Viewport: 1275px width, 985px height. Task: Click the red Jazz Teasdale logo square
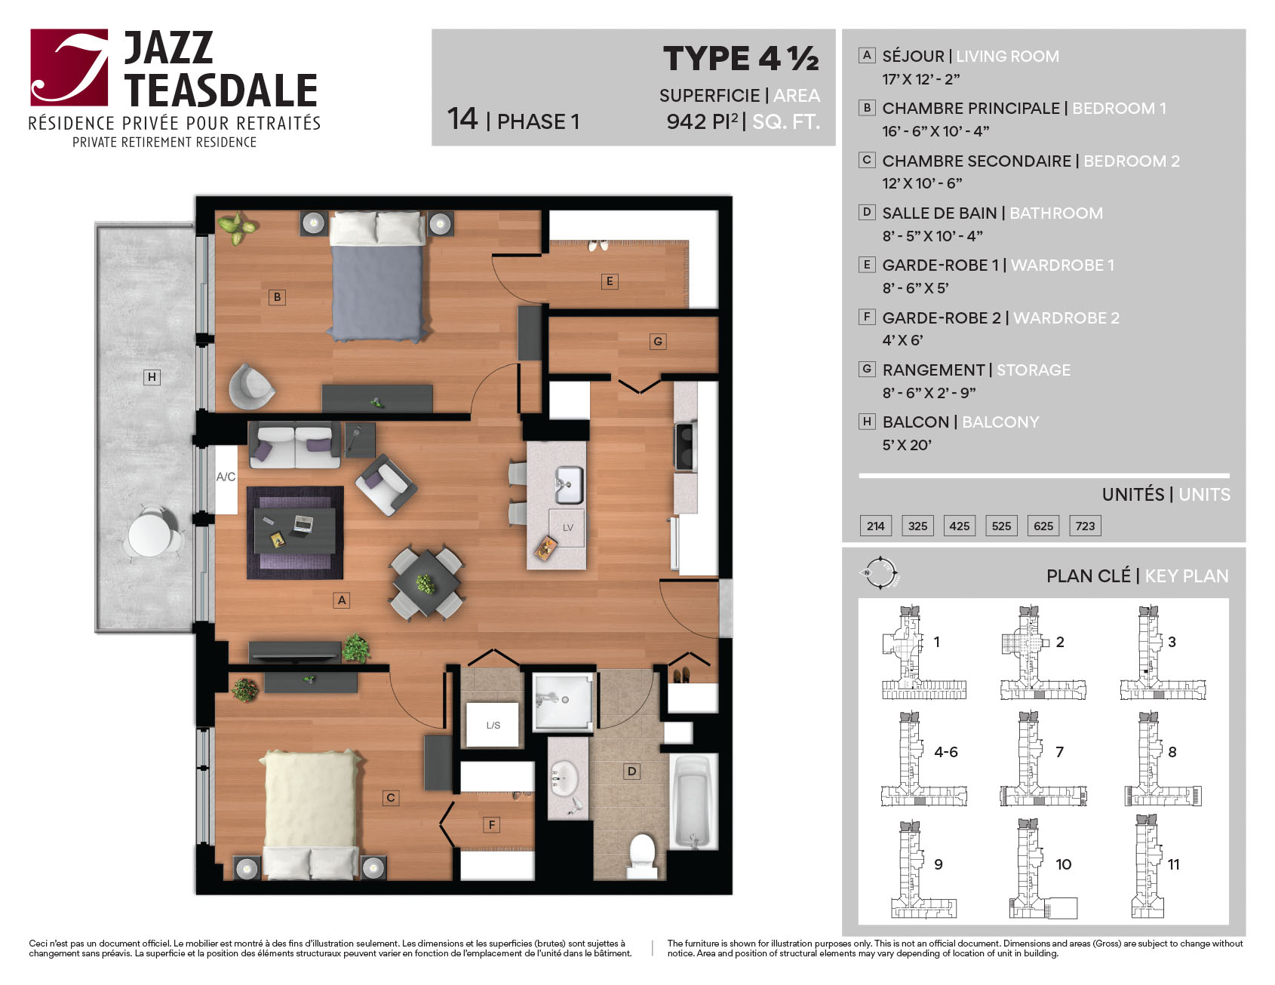tap(69, 67)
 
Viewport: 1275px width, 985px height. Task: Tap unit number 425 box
tap(960, 526)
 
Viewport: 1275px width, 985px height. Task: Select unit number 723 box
tap(1085, 526)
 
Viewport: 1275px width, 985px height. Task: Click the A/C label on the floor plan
tap(226, 477)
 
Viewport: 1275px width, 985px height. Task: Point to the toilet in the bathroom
tap(643, 855)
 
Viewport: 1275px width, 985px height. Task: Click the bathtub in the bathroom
tap(693, 802)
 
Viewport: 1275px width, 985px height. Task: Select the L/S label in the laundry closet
tap(493, 726)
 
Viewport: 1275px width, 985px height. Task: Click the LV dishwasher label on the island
tap(567, 528)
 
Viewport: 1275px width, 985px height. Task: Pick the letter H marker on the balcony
tap(152, 377)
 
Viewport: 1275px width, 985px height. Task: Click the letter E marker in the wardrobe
tap(610, 281)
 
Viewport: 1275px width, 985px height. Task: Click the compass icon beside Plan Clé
tap(880, 574)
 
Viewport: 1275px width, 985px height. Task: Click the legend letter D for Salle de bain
tap(867, 212)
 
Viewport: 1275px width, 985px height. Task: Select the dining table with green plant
tap(426, 583)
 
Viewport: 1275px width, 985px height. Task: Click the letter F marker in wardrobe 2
tap(492, 825)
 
